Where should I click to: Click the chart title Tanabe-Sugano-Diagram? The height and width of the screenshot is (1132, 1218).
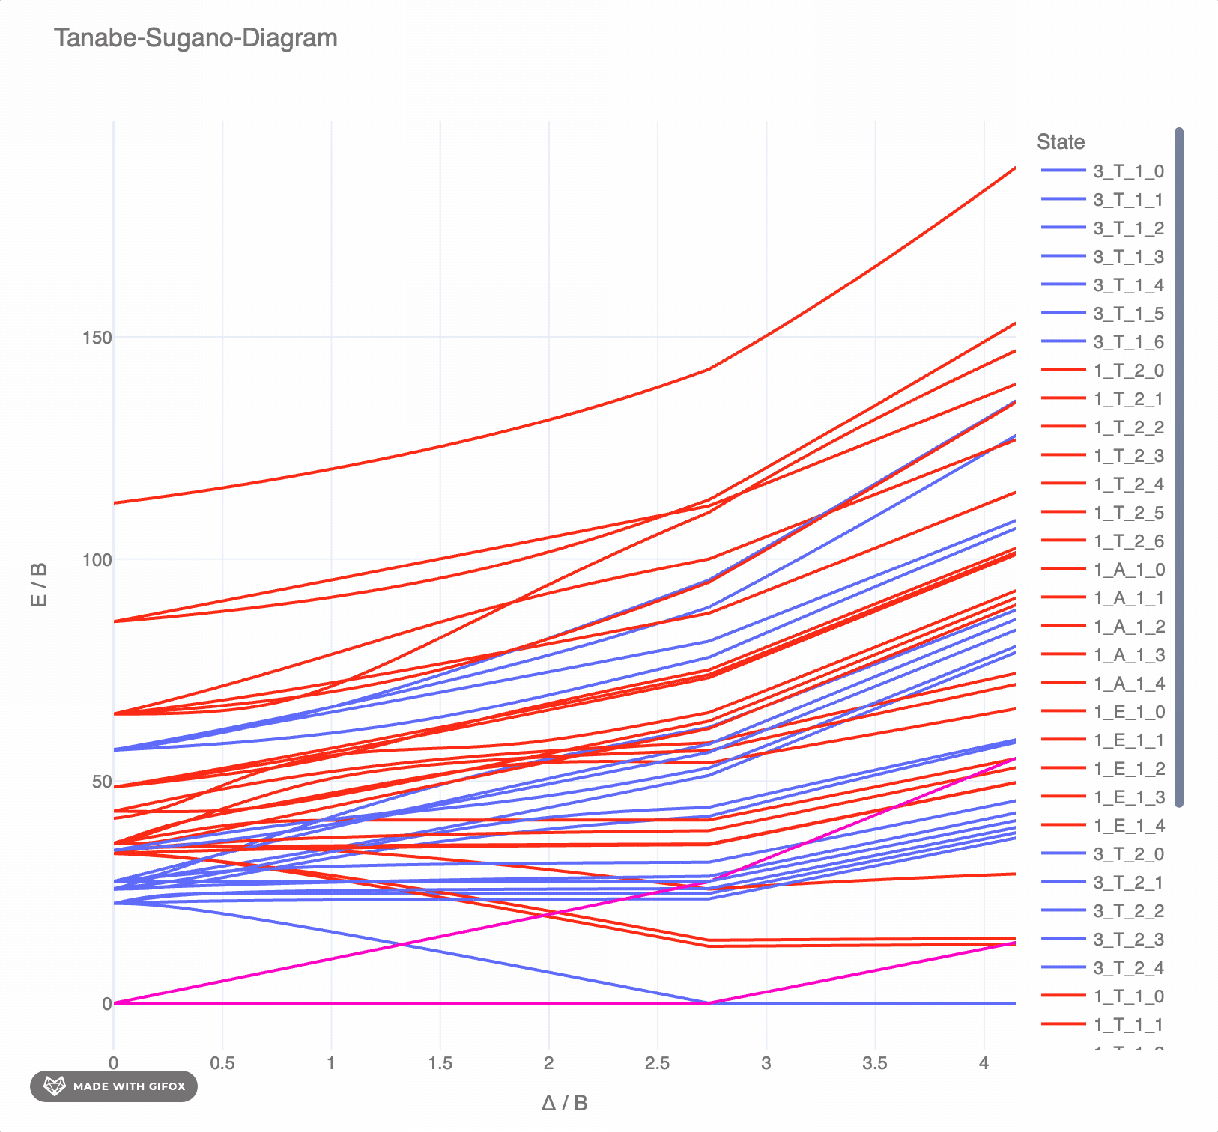tap(196, 37)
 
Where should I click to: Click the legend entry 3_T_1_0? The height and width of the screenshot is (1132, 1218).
tap(1128, 171)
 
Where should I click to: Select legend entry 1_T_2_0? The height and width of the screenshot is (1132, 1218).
tap(1128, 371)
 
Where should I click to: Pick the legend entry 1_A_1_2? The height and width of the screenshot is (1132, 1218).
tap(1128, 627)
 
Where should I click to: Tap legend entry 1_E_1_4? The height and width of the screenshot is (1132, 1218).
tap(1128, 826)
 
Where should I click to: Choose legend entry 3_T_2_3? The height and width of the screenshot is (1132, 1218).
tap(1128, 940)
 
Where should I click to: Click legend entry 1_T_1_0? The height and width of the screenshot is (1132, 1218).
tap(1128, 996)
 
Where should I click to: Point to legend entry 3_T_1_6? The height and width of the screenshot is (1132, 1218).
tap(1128, 342)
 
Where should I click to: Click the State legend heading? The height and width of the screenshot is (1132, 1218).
tap(1060, 141)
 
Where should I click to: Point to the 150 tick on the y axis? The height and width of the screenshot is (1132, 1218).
tap(97, 338)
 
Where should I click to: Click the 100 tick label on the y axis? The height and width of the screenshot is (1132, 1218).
tap(97, 560)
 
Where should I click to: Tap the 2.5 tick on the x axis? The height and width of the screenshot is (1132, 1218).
tap(657, 1063)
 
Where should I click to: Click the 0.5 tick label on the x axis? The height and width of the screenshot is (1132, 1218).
tap(222, 1063)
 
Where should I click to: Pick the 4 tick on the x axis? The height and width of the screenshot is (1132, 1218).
tap(984, 1063)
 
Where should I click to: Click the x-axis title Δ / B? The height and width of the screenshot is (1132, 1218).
tap(564, 1103)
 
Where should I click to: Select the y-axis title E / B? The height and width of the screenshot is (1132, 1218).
tap(39, 584)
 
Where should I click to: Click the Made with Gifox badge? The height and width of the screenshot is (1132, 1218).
tap(114, 1086)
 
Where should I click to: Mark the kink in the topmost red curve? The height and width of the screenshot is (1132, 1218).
tap(709, 369)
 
